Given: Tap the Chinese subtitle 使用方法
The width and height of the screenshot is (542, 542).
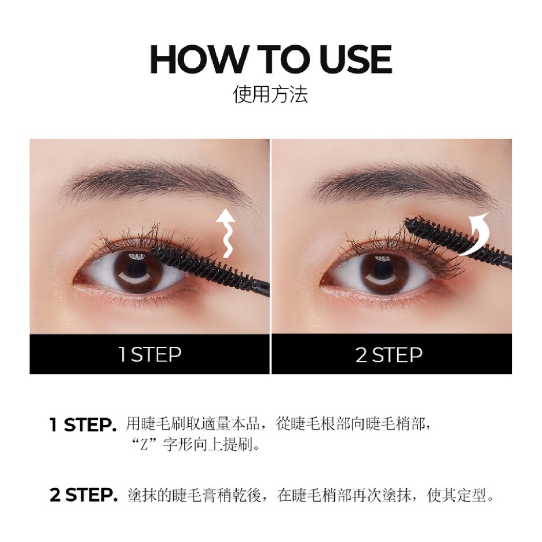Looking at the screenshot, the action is [270, 94].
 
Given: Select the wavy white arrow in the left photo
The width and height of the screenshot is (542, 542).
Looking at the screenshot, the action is [225, 233].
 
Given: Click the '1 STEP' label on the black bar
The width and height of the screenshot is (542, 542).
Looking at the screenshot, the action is [149, 354].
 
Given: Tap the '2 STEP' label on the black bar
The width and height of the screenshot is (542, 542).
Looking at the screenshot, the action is [389, 354].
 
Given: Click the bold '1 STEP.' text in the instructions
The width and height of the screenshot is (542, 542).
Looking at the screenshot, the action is [83, 425].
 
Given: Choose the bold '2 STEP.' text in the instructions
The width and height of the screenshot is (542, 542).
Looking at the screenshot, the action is [83, 495].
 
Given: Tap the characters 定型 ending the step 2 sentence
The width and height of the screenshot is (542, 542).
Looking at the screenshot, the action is [471, 495].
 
